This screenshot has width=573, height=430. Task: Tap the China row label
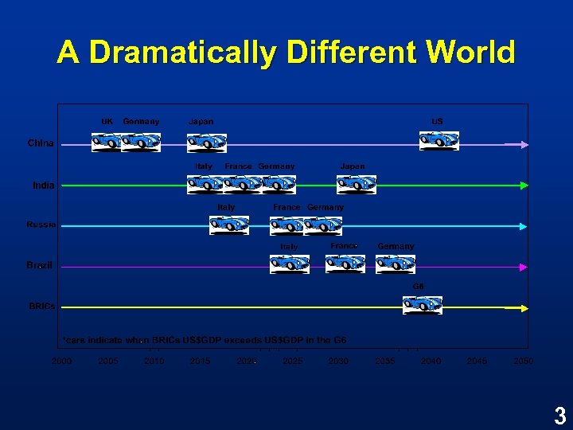[x=41, y=143]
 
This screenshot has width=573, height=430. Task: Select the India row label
[x=44, y=186]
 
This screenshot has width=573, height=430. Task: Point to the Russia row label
[x=41, y=225]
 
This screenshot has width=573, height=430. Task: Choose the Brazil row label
[x=40, y=265]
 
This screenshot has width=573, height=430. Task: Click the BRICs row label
[x=42, y=306]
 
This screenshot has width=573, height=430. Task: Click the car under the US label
[x=439, y=140]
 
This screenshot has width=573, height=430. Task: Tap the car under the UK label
[x=107, y=142]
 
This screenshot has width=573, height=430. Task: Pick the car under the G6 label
[x=422, y=304]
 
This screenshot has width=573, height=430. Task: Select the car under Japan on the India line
[x=356, y=184]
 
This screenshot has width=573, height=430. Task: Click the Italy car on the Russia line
[x=228, y=225]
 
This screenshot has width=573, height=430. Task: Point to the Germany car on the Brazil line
[x=396, y=264]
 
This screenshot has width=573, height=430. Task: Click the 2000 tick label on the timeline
[x=61, y=362]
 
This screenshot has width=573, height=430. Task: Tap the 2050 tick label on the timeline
[x=523, y=362]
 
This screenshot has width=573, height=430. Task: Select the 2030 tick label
[x=338, y=362]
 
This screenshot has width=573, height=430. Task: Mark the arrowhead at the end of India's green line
[x=524, y=186]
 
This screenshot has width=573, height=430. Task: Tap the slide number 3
[x=560, y=415]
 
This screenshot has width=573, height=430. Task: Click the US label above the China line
[x=438, y=121]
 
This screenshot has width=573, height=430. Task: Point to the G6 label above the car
[x=418, y=286]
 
